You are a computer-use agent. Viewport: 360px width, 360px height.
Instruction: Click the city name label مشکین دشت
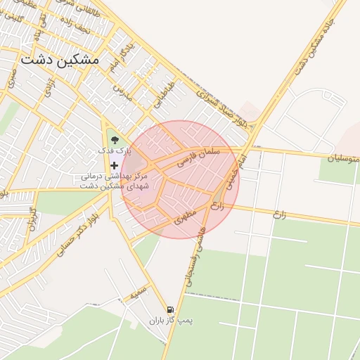point(60,60)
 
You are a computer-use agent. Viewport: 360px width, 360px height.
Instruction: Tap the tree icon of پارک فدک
point(114,140)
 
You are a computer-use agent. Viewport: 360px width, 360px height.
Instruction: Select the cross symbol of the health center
point(114,166)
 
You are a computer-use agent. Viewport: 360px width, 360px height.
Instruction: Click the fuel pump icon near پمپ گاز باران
point(169,309)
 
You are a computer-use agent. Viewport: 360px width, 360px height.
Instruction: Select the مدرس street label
point(124,92)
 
